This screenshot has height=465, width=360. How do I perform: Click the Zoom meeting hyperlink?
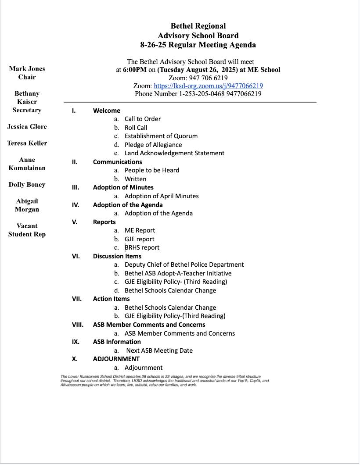pyautogui.click(x=208, y=86)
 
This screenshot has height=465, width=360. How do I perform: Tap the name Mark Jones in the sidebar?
pyautogui.click(x=27, y=69)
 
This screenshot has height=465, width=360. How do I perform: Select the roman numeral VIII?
pyautogui.click(x=78, y=325)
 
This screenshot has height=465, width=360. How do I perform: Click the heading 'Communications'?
pyautogui.click(x=117, y=162)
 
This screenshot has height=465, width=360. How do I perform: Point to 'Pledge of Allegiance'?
pyautogui.click(x=153, y=145)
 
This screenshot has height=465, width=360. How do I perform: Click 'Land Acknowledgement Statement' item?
pyautogui.click(x=174, y=153)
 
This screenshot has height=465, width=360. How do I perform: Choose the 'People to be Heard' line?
pyautogui.click(x=151, y=170)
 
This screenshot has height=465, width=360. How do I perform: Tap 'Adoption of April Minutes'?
pyautogui.click(x=161, y=196)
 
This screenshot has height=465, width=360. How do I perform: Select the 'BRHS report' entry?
pyautogui.click(x=142, y=247)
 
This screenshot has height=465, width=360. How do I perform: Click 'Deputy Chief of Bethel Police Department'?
pyautogui.click(x=184, y=265)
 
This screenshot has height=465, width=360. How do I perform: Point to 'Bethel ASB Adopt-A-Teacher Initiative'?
pyautogui.click(x=178, y=273)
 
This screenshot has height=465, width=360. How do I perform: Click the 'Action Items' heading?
pyautogui.click(x=111, y=299)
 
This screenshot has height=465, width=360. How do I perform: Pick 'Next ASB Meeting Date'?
pyautogui.click(x=159, y=351)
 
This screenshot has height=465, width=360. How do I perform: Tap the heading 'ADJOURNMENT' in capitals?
pyautogui.click(x=116, y=359)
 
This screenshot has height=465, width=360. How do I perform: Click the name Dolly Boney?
pyautogui.click(x=27, y=185)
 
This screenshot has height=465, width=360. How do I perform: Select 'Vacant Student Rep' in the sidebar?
pyautogui.click(x=27, y=230)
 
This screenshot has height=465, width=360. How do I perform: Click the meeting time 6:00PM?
pyautogui.click(x=135, y=70)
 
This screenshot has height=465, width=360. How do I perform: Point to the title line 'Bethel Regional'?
pyautogui.click(x=198, y=26)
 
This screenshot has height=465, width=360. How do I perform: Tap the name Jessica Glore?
pyautogui.click(x=27, y=127)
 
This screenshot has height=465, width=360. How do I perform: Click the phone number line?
pyautogui.click(x=198, y=94)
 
